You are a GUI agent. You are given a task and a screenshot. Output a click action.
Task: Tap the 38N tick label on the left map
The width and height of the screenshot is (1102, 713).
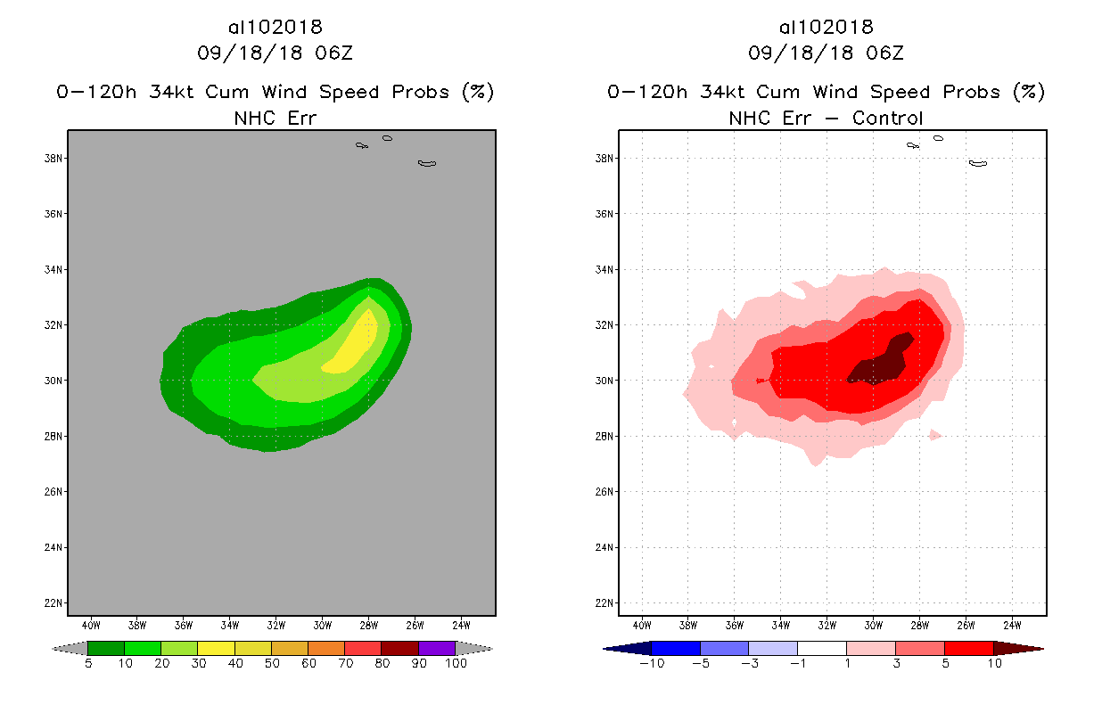55,159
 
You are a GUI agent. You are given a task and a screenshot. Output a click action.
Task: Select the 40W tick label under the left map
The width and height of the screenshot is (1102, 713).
90,624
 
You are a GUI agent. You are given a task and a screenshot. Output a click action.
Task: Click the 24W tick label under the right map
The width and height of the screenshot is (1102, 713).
1012,624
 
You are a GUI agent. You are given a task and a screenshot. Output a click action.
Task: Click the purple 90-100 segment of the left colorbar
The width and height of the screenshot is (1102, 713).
437,649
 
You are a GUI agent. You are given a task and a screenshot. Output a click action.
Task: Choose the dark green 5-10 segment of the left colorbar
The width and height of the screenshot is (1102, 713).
106,649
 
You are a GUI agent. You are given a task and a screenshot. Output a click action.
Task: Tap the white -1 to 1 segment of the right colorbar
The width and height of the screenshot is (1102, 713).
821,649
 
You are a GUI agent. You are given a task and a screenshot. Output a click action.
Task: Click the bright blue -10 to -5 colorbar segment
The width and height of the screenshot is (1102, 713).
676,649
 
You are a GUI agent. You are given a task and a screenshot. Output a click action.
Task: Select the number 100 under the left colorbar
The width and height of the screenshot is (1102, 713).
456,665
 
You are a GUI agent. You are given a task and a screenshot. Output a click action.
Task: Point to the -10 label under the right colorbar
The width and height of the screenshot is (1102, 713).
648,665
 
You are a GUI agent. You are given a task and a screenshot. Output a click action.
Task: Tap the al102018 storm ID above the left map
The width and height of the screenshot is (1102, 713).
275,28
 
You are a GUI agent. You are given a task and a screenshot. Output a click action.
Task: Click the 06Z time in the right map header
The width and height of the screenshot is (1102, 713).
884,53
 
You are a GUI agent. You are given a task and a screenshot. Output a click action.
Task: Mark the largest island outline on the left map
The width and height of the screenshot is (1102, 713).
427,163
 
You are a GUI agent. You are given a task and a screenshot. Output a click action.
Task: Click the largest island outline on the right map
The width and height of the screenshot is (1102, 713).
978,163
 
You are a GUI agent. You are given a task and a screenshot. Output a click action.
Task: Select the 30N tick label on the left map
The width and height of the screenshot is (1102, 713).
55,381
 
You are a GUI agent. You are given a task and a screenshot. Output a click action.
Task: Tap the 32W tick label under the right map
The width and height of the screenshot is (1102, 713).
826,624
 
